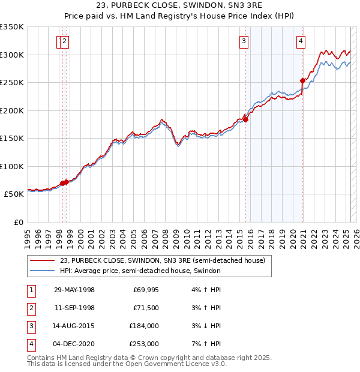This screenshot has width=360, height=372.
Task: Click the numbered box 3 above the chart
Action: [x=244, y=41]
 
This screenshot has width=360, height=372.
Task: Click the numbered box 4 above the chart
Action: [x=300, y=41]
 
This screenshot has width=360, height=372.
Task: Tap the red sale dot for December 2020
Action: [x=303, y=80]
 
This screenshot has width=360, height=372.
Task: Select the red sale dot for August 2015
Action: [x=246, y=119]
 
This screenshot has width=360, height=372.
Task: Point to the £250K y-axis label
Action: [x=12, y=82]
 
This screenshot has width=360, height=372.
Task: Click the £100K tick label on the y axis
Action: [x=12, y=166]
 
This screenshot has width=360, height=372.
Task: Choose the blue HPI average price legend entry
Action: [x=140, y=271]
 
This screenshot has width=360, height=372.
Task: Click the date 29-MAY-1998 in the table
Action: [x=74, y=290]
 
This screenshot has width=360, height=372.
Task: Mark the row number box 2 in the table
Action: [x=31, y=308]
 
